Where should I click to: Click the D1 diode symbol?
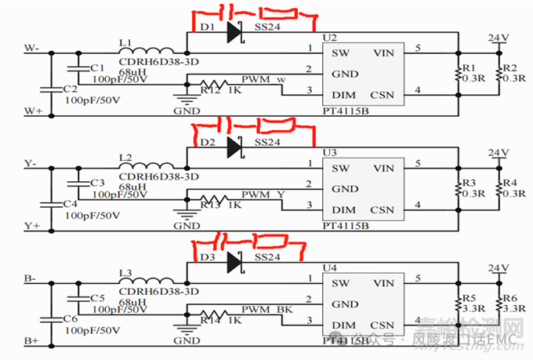(234, 32)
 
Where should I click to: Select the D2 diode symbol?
(234, 146)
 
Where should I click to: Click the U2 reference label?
(329, 38)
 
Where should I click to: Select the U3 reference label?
(329, 152)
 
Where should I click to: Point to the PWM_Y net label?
(263, 194)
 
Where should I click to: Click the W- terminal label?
(32, 49)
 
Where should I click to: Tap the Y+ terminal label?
(32, 226)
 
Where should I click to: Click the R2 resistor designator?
(510, 69)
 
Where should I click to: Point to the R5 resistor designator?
(468, 298)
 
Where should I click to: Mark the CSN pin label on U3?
(382, 210)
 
